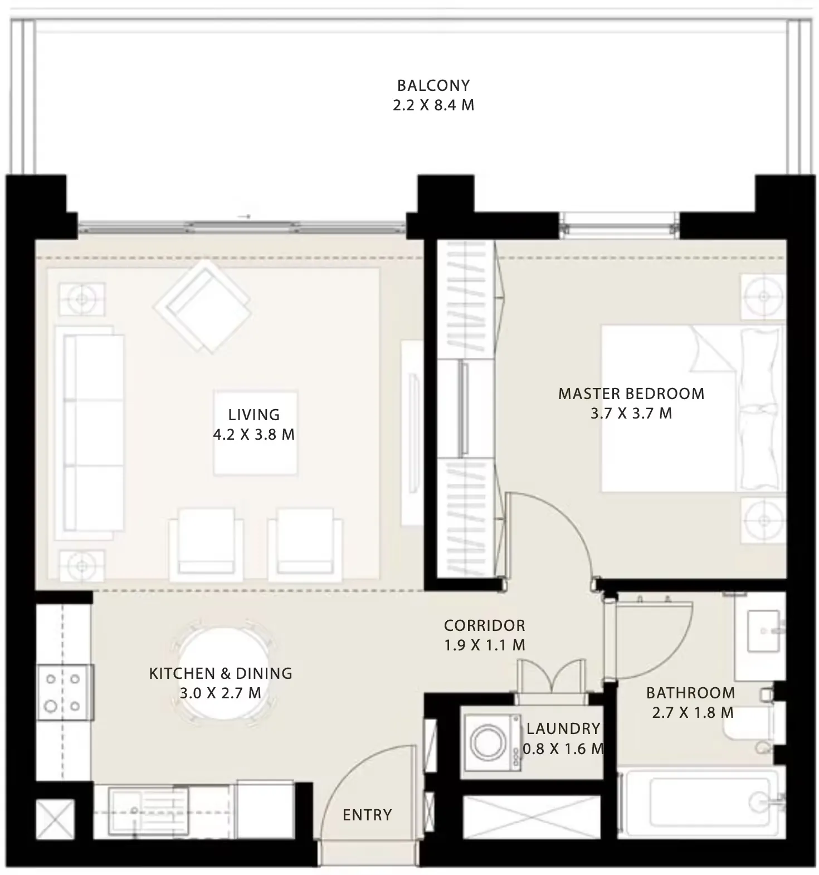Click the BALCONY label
click(433, 85)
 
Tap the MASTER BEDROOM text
click(631, 394)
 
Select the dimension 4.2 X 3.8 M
click(254, 435)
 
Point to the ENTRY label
click(367, 815)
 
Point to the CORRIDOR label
click(485, 625)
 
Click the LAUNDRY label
click(563, 728)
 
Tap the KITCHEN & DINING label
click(221, 673)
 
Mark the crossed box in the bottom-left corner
click(55, 818)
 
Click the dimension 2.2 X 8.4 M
click(433, 105)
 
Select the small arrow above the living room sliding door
click(244, 216)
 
